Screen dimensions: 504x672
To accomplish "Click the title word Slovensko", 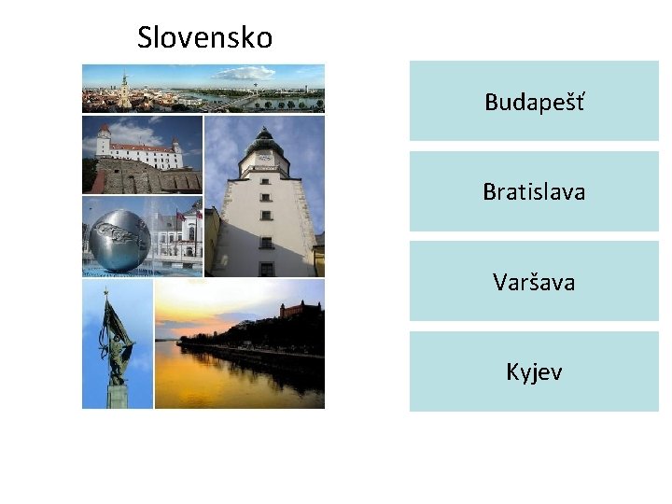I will point(204,38).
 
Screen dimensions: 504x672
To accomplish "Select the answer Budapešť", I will point(534,102).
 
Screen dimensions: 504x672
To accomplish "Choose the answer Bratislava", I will point(534,191).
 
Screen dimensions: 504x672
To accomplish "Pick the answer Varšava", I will point(534,281).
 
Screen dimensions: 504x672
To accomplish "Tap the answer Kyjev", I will point(534,371).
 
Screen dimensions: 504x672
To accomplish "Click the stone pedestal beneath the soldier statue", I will point(117,396).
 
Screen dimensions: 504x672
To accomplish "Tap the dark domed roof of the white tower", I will point(263,140).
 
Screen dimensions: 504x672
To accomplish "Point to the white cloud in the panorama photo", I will point(245,73).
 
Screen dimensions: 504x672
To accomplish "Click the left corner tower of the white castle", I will point(104,141).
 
